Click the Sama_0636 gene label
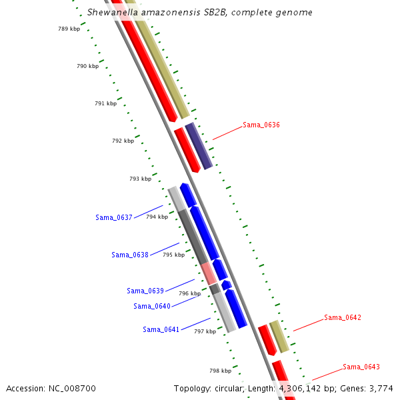[261, 125]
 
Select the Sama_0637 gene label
[113, 217]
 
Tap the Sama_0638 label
[129, 255]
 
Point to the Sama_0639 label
[145, 291]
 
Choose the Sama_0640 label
[151, 306]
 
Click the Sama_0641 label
[161, 329]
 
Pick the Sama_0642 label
[343, 317]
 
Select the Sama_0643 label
[361, 367]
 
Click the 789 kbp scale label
[69, 29]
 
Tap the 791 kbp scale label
[105, 103]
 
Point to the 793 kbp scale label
[140, 179]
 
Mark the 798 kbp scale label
[220, 371]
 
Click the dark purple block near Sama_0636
[199, 145]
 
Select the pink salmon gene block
[209, 273]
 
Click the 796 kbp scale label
[189, 293]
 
